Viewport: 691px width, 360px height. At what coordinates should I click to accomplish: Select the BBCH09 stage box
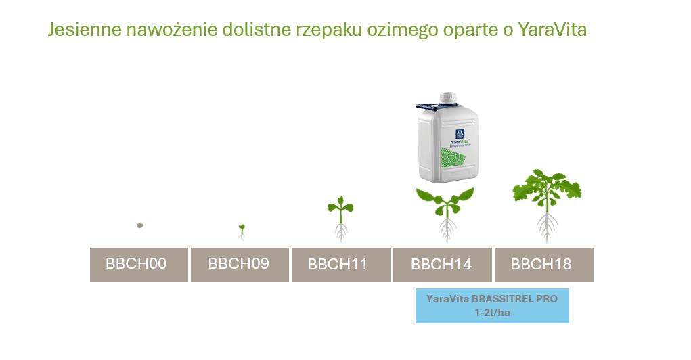tap(240, 264)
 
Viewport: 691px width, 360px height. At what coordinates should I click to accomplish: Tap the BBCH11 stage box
tap(340, 264)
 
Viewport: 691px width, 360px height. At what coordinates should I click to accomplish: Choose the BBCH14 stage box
tap(442, 264)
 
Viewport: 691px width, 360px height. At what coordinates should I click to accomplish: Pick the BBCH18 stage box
tap(543, 264)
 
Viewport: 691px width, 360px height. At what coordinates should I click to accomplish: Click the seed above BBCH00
tap(140, 225)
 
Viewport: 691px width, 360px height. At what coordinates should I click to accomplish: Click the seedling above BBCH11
tap(341, 217)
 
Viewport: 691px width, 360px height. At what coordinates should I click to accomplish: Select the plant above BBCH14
tap(445, 210)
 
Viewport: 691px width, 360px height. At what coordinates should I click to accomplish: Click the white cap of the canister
tap(447, 99)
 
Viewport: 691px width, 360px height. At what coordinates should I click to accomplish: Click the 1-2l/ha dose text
tap(492, 313)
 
